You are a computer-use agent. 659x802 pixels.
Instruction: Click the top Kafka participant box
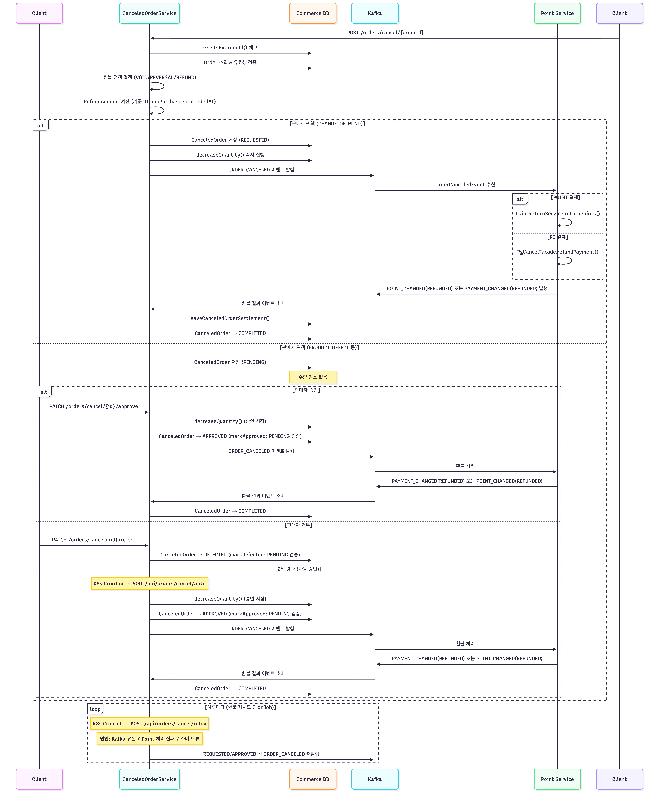(375, 13)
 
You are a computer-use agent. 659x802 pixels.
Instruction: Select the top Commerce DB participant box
(313, 13)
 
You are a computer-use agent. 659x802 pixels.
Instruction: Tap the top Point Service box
(557, 13)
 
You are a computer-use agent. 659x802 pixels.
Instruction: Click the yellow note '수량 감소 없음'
(313, 377)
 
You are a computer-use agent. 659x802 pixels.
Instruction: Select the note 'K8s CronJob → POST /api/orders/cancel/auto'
(150, 583)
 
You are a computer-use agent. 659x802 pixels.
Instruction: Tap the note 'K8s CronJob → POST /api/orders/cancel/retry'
(150, 723)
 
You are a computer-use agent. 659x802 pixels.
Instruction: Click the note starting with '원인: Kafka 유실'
(150, 739)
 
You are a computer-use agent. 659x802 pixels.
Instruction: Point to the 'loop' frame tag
(95, 709)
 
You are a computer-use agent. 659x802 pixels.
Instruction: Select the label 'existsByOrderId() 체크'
(230, 47)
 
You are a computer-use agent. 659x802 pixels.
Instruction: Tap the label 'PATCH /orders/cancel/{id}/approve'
(93, 406)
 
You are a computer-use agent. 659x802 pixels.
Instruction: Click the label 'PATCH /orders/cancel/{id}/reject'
(93, 540)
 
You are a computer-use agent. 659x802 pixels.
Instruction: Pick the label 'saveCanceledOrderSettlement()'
(230, 318)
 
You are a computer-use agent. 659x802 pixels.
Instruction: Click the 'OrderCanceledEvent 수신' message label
(465, 184)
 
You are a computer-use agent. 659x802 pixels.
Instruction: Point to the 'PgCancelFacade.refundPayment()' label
(557, 252)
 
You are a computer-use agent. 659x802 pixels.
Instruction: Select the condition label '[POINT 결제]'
(565, 197)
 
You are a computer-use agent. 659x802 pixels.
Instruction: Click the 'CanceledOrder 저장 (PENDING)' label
(230, 362)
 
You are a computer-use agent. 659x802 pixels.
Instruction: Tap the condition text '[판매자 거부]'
(298, 525)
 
